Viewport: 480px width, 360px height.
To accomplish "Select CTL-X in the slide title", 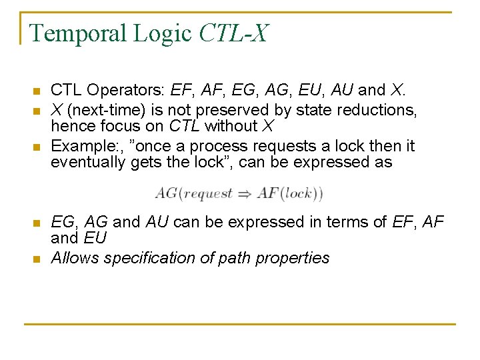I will [x=233, y=33].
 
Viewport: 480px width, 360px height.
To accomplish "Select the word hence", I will [x=70, y=126].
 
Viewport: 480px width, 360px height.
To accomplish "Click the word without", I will [x=227, y=126].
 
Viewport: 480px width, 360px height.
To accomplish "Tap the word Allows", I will [x=72, y=258].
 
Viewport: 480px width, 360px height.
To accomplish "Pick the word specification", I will [x=143, y=258].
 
